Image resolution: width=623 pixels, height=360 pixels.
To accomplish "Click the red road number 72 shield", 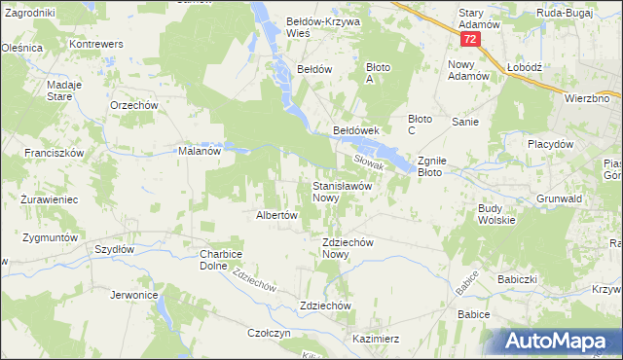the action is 471,40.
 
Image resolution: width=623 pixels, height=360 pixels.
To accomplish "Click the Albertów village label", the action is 275,216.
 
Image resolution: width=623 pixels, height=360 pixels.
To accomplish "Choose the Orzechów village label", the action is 134,105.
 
